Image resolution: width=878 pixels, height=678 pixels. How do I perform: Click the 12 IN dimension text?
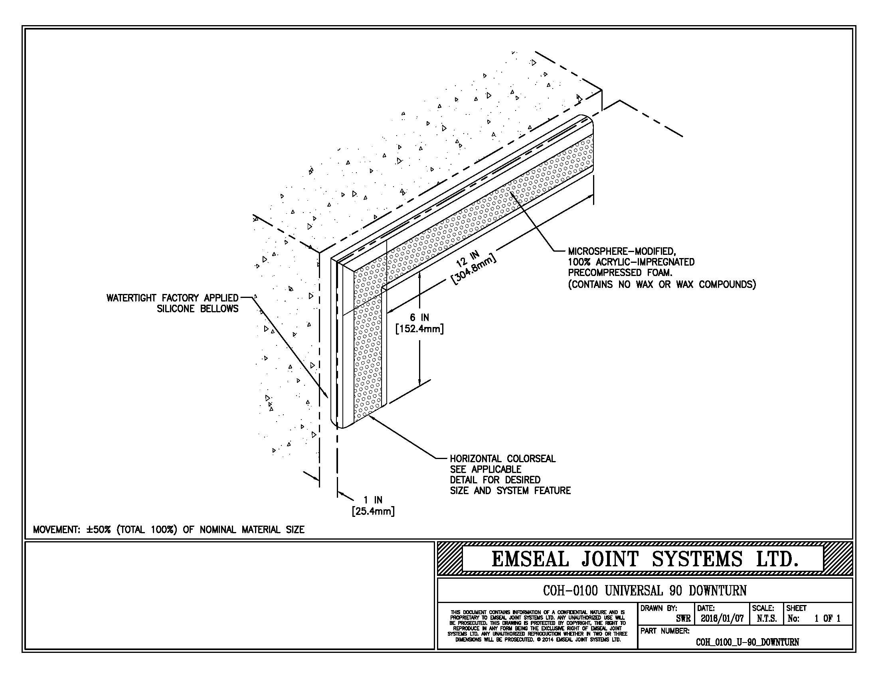click(x=468, y=259)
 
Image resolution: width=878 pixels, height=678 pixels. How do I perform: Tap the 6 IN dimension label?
click(x=419, y=318)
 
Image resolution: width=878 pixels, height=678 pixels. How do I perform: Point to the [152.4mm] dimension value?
click(x=419, y=329)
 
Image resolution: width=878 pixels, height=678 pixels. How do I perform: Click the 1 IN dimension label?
click(x=373, y=500)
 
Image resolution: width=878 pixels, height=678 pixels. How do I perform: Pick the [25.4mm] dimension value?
click(x=373, y=512)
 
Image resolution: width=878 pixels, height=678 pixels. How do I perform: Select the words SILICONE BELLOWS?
click(x=198, y=309)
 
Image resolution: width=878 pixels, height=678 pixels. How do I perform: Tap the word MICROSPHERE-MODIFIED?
click(x=621, y=251)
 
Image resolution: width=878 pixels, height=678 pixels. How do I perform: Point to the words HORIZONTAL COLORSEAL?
click(x=502, y=459)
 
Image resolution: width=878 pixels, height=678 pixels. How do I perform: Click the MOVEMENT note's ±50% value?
click(x=98, y=530)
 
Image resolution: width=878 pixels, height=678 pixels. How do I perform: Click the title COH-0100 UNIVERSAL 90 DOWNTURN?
click(x=645, y=590)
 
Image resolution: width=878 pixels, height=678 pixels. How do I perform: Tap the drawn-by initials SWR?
click(x=683, y=619)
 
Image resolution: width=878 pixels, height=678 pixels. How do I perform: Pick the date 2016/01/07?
click(x=722, y=619)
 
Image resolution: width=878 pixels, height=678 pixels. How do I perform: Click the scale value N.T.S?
click(x=767, y=619)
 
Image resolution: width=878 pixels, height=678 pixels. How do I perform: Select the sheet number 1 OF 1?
click(x=827, y=619)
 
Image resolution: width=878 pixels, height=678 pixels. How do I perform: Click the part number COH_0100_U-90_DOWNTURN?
click(x=747, y=642)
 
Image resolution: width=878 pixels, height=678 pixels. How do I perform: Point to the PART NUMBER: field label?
click(x=665, y=631)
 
